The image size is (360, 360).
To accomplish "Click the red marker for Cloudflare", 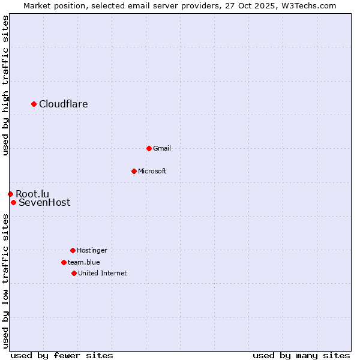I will [34, 104].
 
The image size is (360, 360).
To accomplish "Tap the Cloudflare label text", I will [64, 104].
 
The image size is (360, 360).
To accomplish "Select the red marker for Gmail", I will [149, 148].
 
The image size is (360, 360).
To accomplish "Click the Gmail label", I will [162, 149].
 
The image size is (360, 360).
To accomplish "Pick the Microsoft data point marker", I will [134, 171].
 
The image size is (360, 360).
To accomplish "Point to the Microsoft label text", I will [152, 172].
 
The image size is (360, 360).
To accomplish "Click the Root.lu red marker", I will [10, 194].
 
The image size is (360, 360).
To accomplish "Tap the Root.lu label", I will [32, 194].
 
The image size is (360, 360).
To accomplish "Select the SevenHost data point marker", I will [13, 202].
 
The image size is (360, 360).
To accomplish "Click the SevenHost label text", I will [44, 203].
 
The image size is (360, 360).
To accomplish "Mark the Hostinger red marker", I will [73, 250].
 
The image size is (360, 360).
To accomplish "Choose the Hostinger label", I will [92, 251].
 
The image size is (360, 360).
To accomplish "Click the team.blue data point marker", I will [64, 262].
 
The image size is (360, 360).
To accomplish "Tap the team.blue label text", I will [84, 262].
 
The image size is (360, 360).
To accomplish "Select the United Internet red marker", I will [74, 273].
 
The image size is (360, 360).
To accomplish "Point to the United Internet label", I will [103, 274].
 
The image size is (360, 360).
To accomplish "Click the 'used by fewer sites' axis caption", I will [62, 355].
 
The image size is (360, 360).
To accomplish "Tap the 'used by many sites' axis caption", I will [301, 355].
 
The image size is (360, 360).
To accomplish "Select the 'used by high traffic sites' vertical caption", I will [6, 85].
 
